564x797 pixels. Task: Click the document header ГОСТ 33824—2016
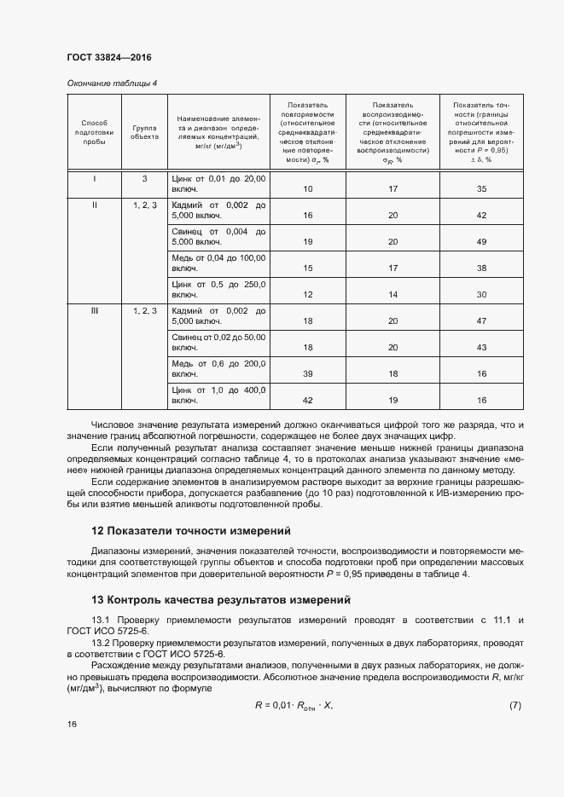tap(108, 58)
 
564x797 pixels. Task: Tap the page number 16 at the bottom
tap(72, 724)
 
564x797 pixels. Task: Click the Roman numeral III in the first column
tap(94, 311)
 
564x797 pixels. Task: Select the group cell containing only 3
tap(145, 179)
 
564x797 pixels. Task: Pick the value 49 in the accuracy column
tap(481, 241)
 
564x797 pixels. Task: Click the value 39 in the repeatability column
tap(308, 373)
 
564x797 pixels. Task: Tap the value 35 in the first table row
tap(481, 188)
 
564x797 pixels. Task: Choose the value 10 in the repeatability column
tap(308, 188)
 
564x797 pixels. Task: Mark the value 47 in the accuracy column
tap(481, 321)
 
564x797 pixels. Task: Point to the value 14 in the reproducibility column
tap(393, 294)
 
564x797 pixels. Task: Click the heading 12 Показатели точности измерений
tap(191, 530)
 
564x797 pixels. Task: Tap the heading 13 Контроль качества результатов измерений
tap(221, 600)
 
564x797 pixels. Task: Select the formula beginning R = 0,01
tap(294, 705)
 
